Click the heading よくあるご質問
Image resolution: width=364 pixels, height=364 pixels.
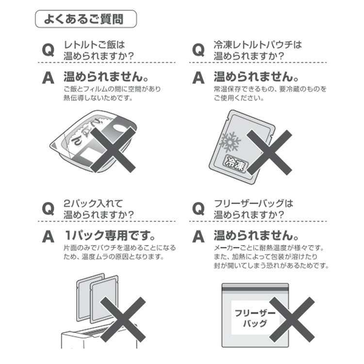tap(83, 19)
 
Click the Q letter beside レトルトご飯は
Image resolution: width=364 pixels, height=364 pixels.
tap(48, 50)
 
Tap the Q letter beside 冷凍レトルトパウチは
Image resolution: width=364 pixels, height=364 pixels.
tap(198, 50)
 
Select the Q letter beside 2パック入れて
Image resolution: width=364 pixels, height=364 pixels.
tap(48, 209)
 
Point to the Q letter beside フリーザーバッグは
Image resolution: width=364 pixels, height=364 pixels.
tap(198, 209)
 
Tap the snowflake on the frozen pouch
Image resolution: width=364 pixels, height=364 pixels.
tap(230, 142)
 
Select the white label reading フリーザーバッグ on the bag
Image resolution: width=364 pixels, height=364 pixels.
tap(255, 317)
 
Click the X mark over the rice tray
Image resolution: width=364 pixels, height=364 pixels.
tap(113, 150)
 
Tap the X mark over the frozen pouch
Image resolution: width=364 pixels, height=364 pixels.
tap(269, 152)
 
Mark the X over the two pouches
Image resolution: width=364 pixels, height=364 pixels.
tap(123, 319)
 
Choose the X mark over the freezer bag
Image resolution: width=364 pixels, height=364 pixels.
tap(292, 319)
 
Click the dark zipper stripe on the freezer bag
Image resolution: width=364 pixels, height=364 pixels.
tap(255, 289)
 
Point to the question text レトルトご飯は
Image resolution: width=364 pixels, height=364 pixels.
tap(94, 45)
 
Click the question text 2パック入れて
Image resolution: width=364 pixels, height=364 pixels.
tap(93, 203)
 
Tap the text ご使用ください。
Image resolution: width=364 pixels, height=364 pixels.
tap(239, 98)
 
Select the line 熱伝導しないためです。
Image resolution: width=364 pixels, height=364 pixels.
tap(99, 98)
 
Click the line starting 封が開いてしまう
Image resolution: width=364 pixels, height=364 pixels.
tap(271, 265)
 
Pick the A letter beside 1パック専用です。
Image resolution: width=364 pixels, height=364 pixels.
tap(48, 236)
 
